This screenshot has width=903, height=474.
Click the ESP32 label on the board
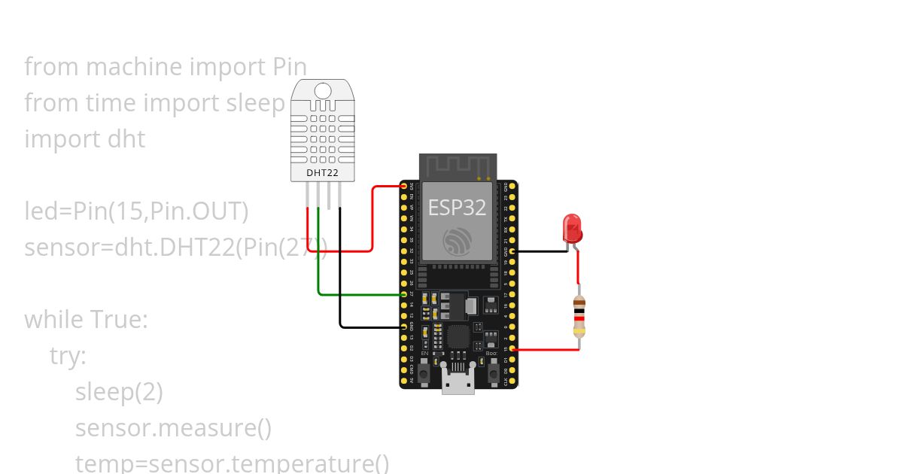(x=457, y=208)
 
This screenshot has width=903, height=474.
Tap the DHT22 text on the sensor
(x=322, y=173)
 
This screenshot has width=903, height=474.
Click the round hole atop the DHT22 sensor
(x=322, y=91)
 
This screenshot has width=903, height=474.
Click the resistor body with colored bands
(x=579, y=315)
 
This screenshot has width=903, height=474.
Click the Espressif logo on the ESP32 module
(x=457, y=240)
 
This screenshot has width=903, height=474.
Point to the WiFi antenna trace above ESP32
(x=458, y=166)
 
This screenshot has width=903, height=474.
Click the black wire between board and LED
(x=540, y=251)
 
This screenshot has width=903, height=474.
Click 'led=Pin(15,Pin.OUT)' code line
(x=136, y=212)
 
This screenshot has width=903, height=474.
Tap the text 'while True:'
(x=86, y=320)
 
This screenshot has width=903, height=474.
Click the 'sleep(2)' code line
(x=119, y=392)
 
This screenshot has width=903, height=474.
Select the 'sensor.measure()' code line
(x=173, y=428)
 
